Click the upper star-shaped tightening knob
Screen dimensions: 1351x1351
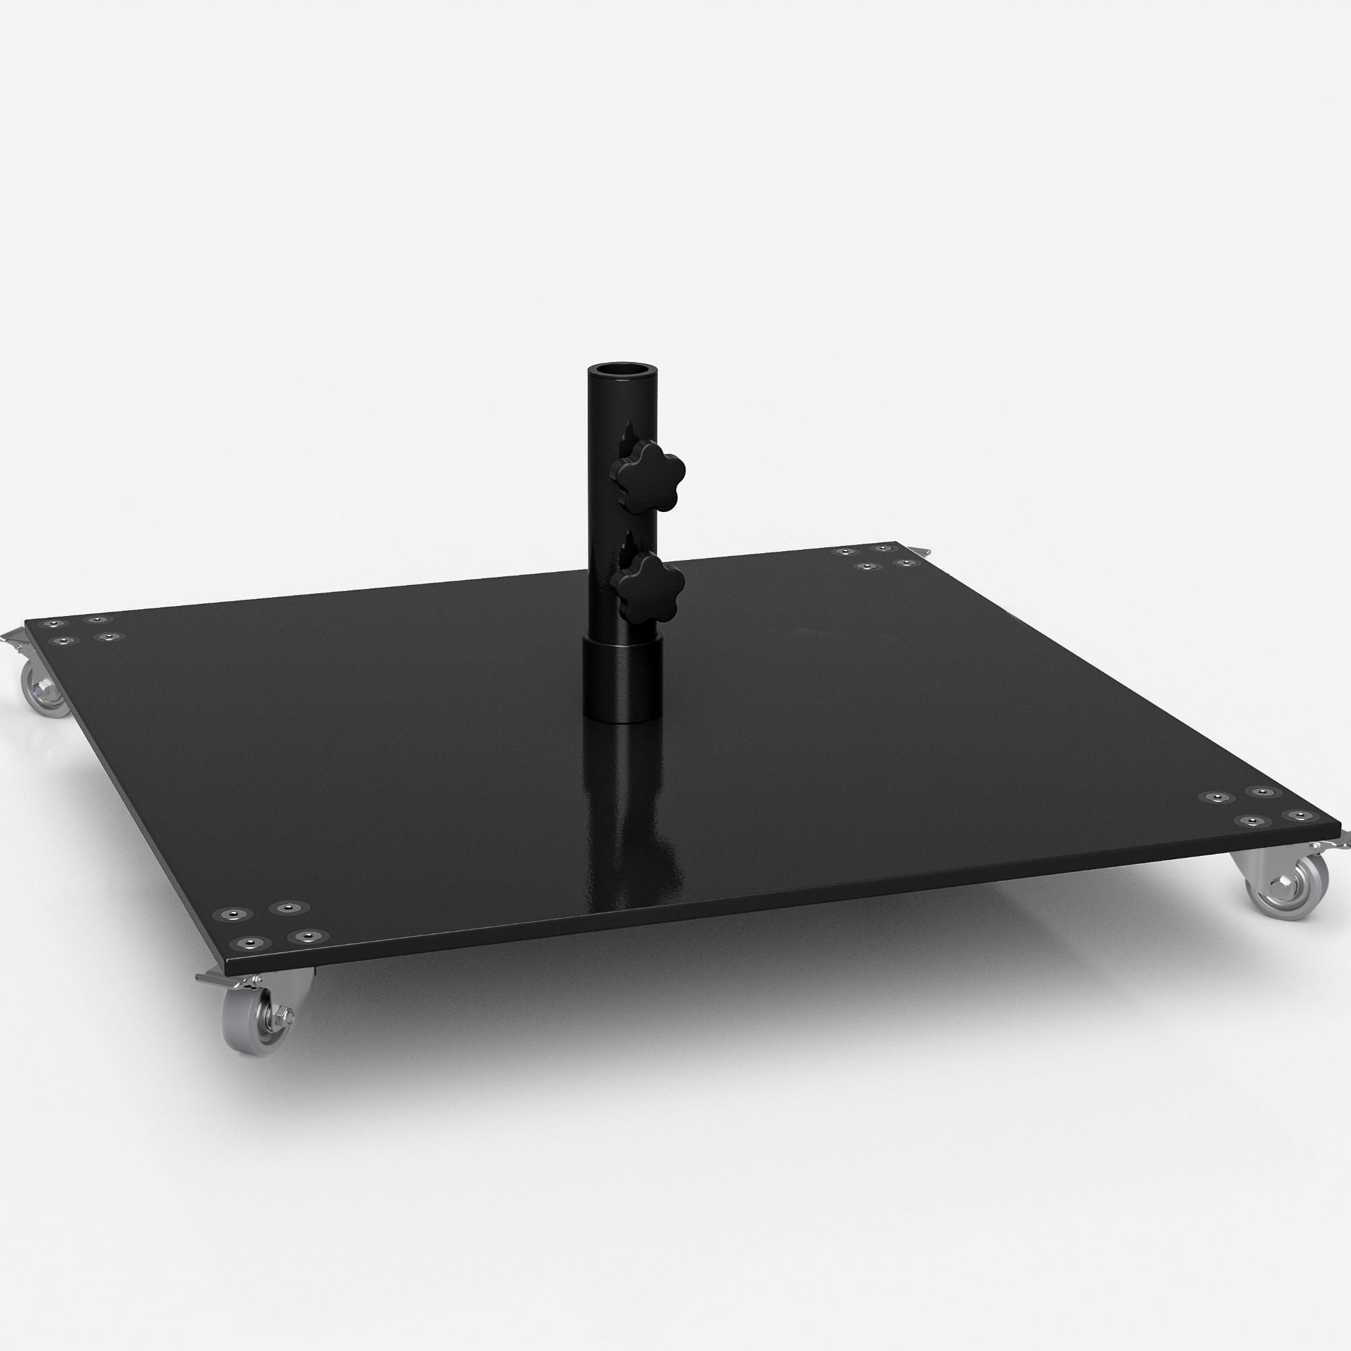(648, 476)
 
